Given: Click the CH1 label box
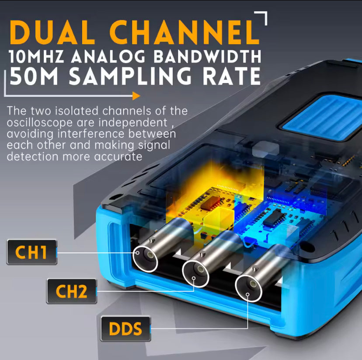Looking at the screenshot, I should point(32,252).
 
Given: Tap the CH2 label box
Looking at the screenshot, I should point(71,291).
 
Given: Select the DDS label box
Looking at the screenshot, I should point(125,329).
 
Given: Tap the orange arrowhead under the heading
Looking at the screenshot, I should point(136,96).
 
